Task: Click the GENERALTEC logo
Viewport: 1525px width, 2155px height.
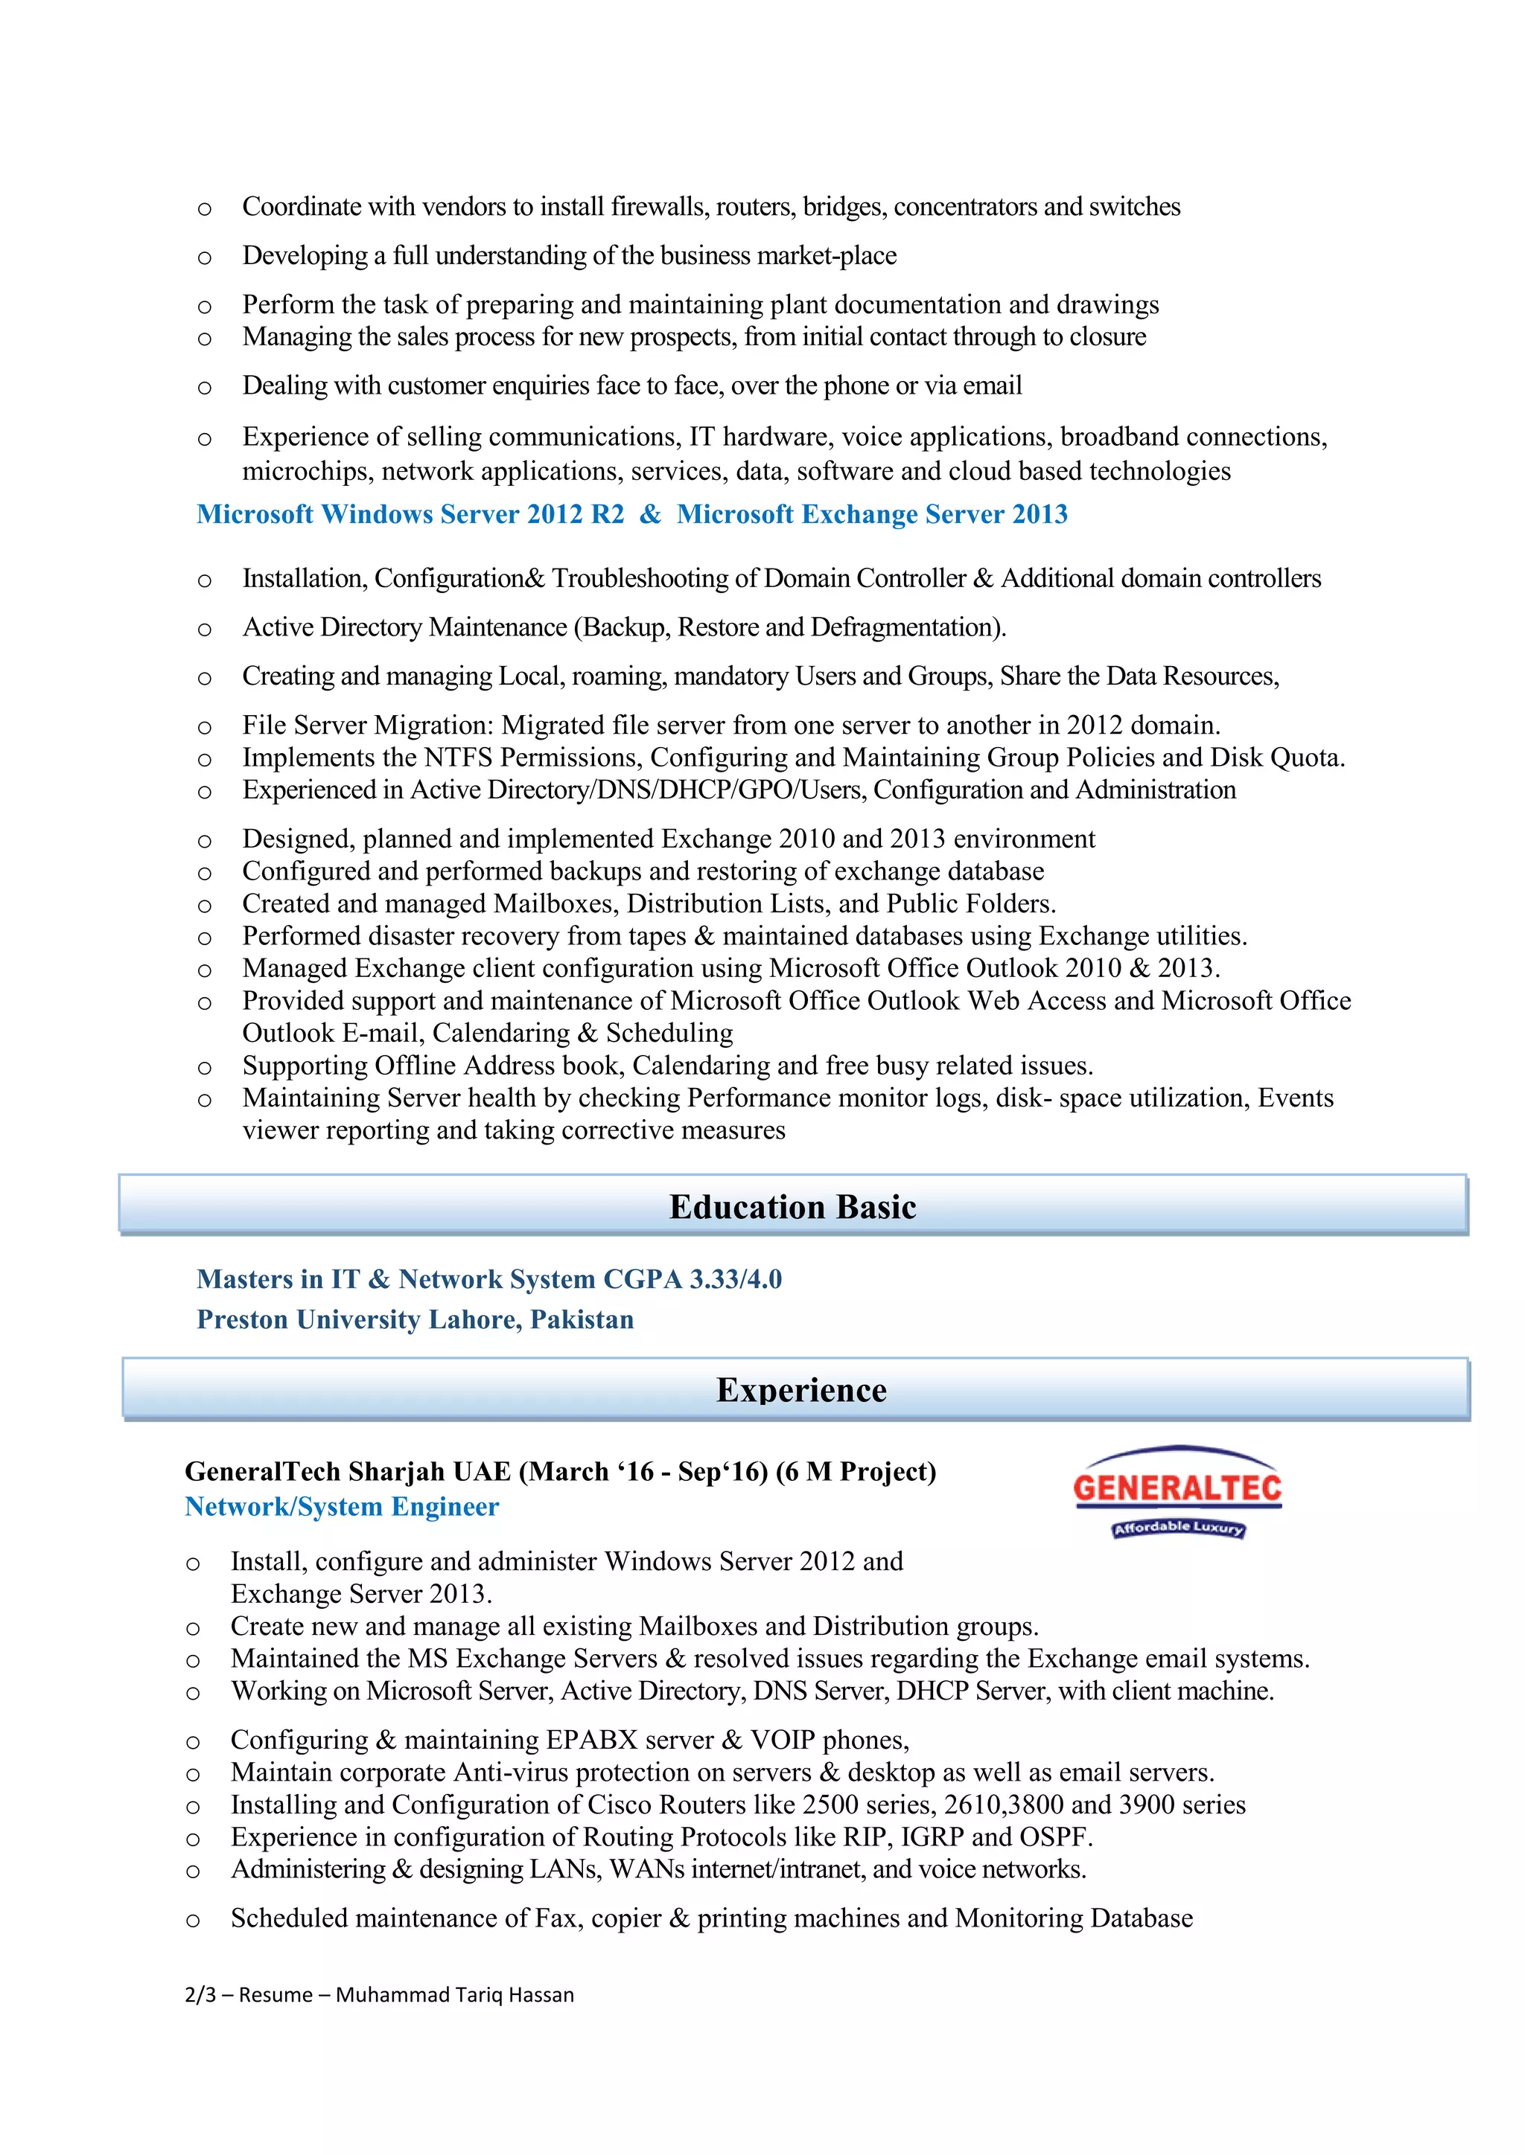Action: (1177, 1488)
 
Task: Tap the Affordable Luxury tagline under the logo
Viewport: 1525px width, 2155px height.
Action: (1179, 1528)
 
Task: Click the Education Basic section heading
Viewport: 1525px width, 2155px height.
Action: (792, 1206)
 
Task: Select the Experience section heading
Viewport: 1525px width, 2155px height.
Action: (801, 1389)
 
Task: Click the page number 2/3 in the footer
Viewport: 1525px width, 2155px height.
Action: (200, 1994)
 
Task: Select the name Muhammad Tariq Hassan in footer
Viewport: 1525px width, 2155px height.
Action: (454, 1994)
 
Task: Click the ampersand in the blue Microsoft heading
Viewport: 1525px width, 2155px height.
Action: (650, 514)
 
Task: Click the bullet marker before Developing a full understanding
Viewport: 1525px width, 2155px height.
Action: (205, 257)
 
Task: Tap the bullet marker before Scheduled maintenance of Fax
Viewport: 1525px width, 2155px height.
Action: (194, 1921)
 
